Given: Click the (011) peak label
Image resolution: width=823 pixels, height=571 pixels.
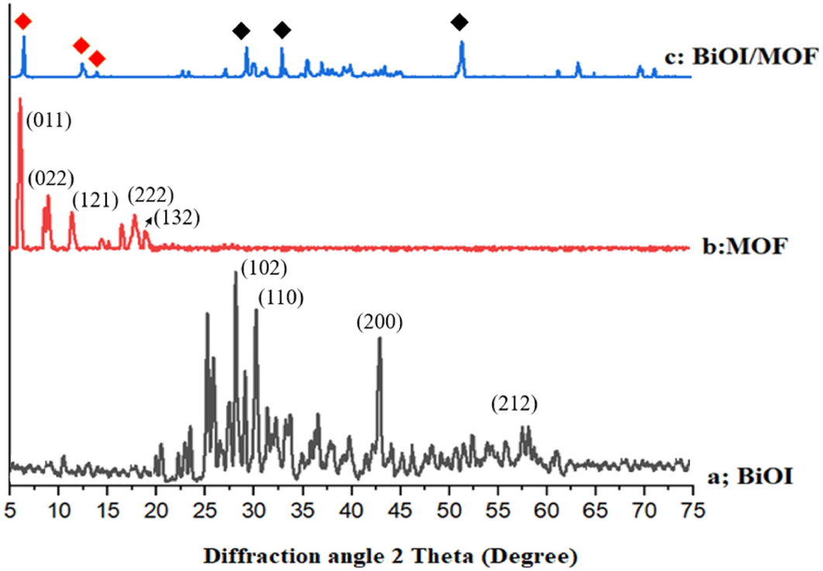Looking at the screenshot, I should coord(49,121).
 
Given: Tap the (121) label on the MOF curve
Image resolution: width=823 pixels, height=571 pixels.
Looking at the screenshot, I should coord(95,199).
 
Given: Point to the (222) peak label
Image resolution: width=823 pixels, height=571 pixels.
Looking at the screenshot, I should coord(150,194).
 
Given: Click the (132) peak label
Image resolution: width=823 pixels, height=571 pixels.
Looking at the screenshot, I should coord(177,218).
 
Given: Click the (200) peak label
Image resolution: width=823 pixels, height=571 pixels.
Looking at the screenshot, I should coord(379,322).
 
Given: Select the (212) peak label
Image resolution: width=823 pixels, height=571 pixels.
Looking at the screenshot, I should coord(513,404).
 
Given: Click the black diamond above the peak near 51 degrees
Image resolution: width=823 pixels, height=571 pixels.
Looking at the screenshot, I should coord(460,21).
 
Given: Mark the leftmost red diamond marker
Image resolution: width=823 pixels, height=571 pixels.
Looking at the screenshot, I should coord(23,21).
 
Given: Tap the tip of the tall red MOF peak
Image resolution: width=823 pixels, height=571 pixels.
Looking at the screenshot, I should coord(20,99).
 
